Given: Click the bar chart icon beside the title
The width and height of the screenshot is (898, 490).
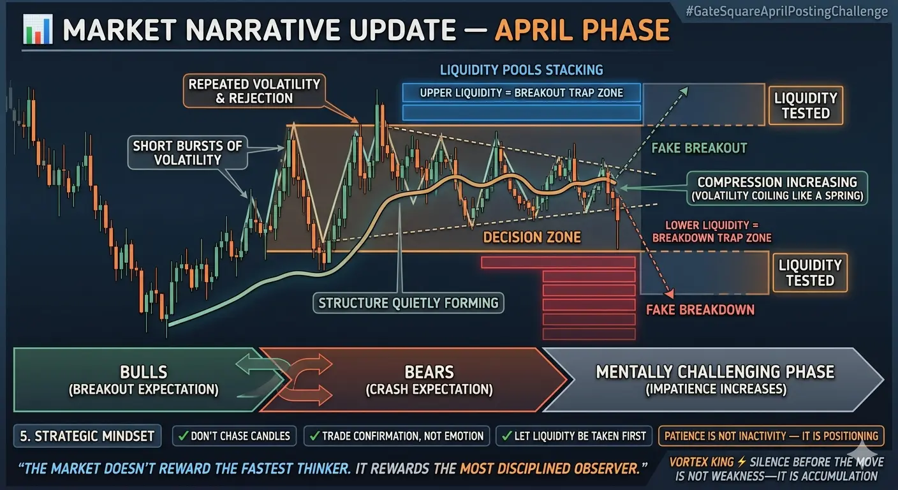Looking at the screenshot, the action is click(38, 29).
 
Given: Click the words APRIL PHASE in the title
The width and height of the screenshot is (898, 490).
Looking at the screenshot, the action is click(582, 30).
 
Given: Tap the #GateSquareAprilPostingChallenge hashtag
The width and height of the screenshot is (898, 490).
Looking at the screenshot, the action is click(786, 11).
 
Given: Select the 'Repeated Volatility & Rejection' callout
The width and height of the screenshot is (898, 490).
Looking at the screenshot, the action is click(254, 91).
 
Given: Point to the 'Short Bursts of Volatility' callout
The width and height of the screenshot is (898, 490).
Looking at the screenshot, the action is click(188, 152).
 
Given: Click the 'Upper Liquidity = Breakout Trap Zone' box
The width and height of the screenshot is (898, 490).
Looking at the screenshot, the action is click(522, 93).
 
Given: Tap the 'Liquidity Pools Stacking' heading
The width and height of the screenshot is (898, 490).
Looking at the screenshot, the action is click(522, 70).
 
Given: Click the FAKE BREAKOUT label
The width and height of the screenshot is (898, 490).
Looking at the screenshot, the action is click(699, 148).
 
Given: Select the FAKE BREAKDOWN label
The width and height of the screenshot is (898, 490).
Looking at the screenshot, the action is click(700, 309).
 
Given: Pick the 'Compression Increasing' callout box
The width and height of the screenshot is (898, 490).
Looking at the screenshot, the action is click(777, 188).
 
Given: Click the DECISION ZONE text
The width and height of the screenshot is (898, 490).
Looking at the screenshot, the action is click(531, 237).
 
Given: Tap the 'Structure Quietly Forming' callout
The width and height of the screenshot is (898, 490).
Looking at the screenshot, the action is click(408, 303).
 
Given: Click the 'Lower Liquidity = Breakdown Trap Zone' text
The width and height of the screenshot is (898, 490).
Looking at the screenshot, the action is click(712, 232).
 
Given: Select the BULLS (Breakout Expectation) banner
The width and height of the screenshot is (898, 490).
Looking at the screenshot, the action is click(144, 380).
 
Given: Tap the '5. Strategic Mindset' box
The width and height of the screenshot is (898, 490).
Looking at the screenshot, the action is click(87, 436).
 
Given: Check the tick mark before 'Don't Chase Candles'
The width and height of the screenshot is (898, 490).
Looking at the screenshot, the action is click(183, 436).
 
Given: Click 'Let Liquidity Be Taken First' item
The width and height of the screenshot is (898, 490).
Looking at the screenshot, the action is click(573, 436).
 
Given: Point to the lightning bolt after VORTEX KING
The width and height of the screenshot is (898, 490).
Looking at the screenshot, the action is click(742, 462).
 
